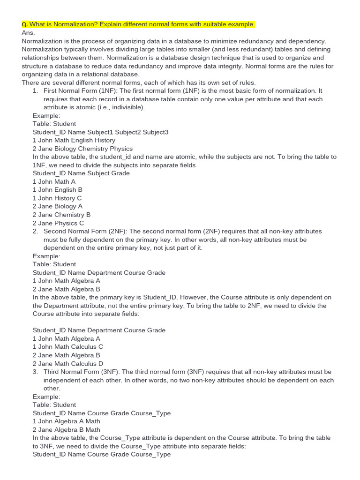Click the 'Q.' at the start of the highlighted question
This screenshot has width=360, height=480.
(25, 24)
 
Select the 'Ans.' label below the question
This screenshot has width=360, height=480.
(28, 33)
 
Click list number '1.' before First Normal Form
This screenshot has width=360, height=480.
(36, 91)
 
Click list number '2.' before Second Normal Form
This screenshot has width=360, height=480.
(36, 232)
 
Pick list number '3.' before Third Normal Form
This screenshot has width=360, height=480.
(36, 372)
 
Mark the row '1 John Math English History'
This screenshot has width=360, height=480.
(74, 140)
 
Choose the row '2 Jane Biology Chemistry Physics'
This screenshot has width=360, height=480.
(83, 149)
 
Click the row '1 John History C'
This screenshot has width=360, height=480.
(57, 198)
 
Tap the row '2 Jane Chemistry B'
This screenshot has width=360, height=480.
(61, 215)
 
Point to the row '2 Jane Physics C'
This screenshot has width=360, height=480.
(58, 223)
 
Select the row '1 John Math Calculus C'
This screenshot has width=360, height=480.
(67, 347)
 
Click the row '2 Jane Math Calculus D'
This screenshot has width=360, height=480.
(68, 363)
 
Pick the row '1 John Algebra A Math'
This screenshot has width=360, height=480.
(66, 421)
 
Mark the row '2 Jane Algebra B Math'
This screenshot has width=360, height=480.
(66, 429)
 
